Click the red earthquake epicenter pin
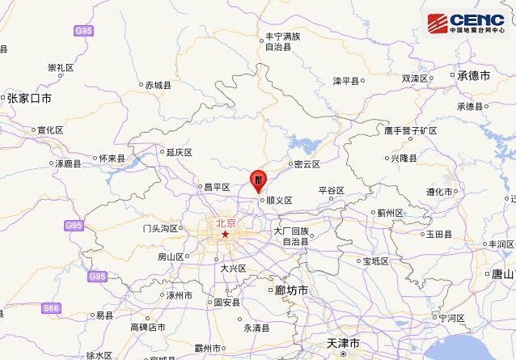click(x=257, y=179)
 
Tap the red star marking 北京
click(x=226, y=235)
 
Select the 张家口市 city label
click(x=29, y=98)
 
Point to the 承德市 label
click(x=473, y=75)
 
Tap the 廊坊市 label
click(x=291, y=290)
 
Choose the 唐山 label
click(x=502, y=273)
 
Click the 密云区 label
click(x=307, y=164)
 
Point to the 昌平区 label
click(x=217, y=188)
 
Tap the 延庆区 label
click(x=179, y=151)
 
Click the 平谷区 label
click(x=332, y=190)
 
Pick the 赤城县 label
click(x=158, y=85)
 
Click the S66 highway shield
click(x=52, y=308)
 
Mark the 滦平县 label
click(x=348, y=81)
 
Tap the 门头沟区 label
click(x=160, y=228)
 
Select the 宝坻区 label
click(x=376, y=260)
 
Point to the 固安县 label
click(x=226, y=303)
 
